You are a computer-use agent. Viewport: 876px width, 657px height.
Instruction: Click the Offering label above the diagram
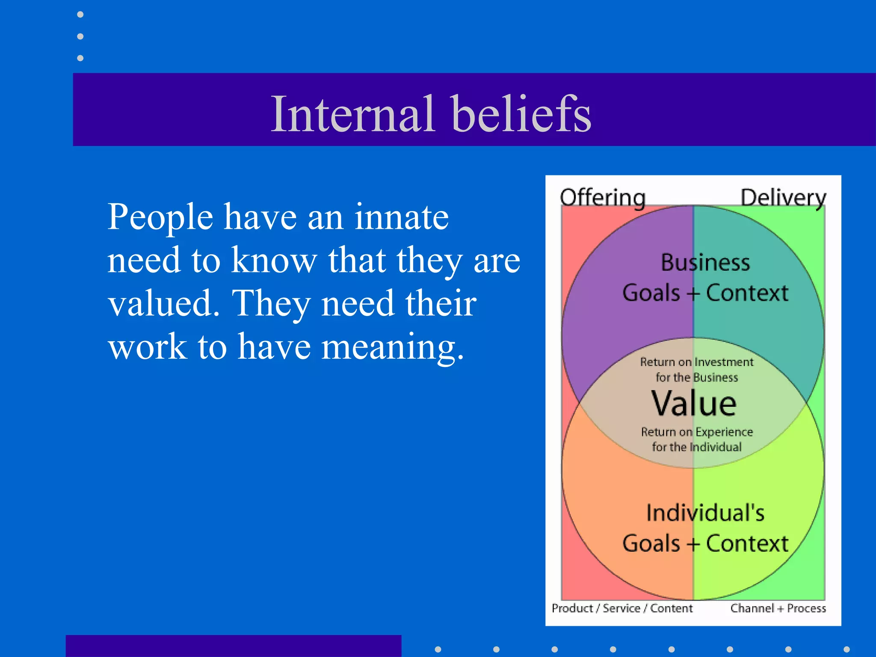[603, 198]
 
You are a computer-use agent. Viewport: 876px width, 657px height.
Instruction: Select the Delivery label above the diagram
[783, 198]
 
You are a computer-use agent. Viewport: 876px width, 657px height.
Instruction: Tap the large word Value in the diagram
[693, 403]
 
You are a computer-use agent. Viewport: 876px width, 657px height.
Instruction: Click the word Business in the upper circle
[705, 263]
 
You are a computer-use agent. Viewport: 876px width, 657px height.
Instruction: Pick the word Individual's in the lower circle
[705, 513]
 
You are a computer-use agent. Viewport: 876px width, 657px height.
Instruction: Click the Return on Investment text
[696, 362]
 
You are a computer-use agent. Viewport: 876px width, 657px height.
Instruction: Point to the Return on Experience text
[697, 432]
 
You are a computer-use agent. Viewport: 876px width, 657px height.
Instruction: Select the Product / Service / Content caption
[621, 608]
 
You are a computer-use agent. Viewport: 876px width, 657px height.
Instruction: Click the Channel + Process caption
[778, 608]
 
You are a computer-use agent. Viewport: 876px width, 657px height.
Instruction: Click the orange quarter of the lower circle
[620, 492]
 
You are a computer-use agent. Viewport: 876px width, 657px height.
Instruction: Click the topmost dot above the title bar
[80, 15]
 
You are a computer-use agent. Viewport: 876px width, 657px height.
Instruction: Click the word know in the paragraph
[274, 260]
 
